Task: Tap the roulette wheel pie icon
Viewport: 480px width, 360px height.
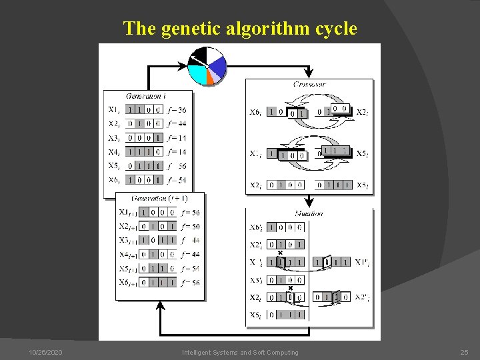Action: point(207,66)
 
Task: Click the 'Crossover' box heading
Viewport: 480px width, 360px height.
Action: point(309,85)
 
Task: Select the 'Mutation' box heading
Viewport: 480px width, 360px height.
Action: point(309,213)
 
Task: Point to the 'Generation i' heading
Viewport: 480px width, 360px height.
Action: point(146,96)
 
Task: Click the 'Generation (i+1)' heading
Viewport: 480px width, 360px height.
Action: point(159,198)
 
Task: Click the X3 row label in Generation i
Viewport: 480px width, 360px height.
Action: point(114,138)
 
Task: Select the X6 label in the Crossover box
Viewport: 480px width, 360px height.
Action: point(255,113)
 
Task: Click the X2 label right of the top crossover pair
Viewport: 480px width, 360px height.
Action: point(362,113)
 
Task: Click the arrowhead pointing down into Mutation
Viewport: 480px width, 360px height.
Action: point(309,203)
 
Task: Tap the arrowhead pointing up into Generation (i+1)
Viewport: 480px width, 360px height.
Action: point(160,305)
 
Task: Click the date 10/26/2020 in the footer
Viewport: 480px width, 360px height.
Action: point(46,352)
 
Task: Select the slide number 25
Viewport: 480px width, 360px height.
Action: point(465,352)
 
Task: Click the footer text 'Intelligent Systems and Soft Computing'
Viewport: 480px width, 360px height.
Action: point(240,352)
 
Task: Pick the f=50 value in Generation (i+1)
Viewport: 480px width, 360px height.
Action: point(190,227)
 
